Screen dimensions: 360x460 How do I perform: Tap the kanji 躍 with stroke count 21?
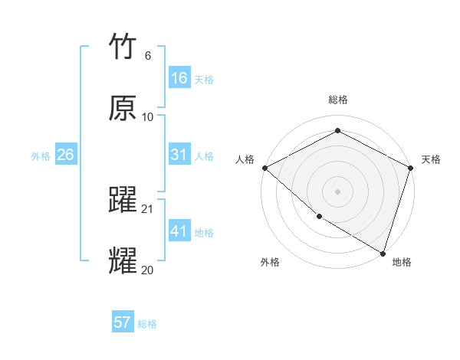pyautogui.click(x=123, y=200)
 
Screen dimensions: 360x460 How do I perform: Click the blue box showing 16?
pyautogui.click(x=179, y=78)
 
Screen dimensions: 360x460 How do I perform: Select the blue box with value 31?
pyautogui.click(x=179, y=155)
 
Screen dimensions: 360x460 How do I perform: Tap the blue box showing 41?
pyautogui.click(x=179, y=231)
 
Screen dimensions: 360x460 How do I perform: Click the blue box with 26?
pyautogui.click(x=65, y=155)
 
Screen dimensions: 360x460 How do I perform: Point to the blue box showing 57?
pyautogui.click(x=122, y=322)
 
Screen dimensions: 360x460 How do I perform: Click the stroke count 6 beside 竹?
pyautogui.click(x=147, y=56)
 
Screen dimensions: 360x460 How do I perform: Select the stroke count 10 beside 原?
pyautogui.click(x=148, y=116)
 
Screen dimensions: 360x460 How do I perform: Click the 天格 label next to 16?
pyautogui.click(x=204, y=79)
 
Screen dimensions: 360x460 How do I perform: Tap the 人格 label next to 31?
pyautogui.click(x=204, y=155)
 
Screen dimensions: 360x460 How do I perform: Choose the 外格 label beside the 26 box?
pyautogui.click(x=41, y=155)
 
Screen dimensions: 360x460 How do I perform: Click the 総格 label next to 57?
pyautogui.click(x=147, y=323)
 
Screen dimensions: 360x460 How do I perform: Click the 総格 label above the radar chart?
pyautogui.click(x=337, y=100)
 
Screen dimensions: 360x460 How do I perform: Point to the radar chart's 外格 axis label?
pyautogui.click(x=270, y=263)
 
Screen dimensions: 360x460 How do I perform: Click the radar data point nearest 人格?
pyautogui.click(x=264, y=168)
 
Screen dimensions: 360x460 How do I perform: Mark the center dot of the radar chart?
pyautogui.click(x=337, y=191)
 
